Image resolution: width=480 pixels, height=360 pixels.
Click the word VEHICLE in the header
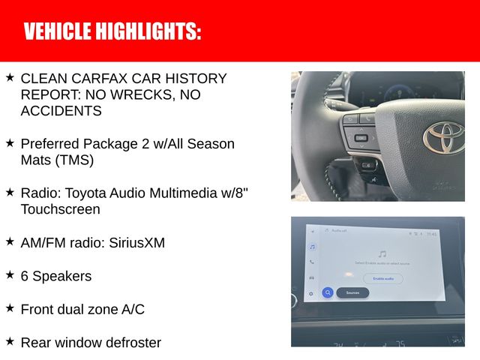click(x=57, y=31)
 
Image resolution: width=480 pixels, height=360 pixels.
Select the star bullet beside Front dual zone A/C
click(x=10, y=308)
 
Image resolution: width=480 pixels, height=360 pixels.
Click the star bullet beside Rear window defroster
click(x=10, y=342)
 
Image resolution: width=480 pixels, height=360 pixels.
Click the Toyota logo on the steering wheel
click(x=443, y=138)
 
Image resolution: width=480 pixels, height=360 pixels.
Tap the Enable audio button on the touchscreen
click(x=383, y=278)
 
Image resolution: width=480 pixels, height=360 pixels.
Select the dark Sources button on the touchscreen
click(x=352, y=293)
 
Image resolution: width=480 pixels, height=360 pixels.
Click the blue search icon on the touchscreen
click(x=328, y=293)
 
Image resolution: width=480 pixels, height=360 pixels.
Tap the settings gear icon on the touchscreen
click(x=311, y=293)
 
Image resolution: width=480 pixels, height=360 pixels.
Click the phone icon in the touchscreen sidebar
click(x=312, y=262)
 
